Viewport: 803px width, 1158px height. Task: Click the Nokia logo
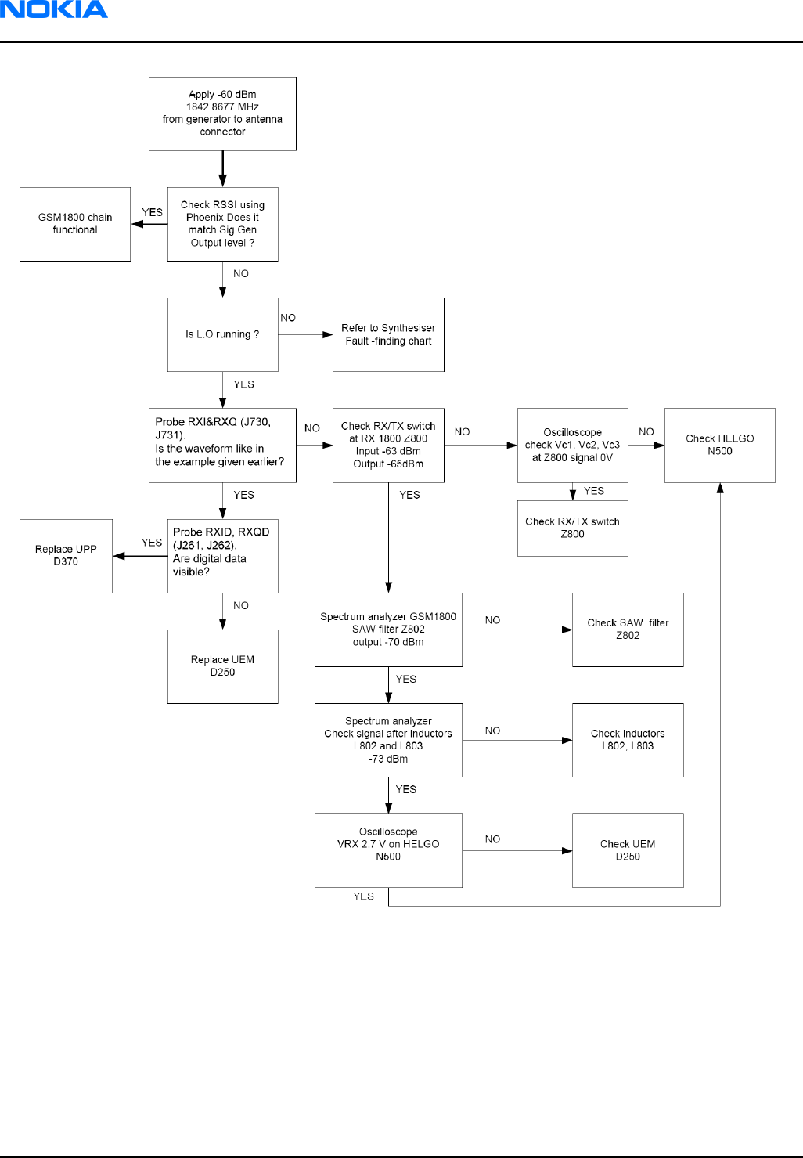pyautogui.click(x=54, y=9)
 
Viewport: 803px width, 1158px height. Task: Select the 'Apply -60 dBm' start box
pyautogui.click(x=222, y=114)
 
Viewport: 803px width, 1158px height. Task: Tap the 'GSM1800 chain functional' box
pyautogui.click(x=75, y=224)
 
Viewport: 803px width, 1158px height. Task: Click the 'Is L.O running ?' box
pyautogui.click(x=223, y=334)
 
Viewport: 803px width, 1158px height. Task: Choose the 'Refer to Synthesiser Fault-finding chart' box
pyautogui.click(x=388, y=334)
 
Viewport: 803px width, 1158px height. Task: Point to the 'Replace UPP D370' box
pyautogui.click(x=67, y=556)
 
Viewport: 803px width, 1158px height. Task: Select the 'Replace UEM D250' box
pyautogui.click(x=223, y=666)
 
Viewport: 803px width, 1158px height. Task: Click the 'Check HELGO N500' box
pyautogui.click(x=720, y=445)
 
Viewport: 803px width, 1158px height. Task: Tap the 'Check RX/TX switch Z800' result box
pyautogui.click(x=573, y=528)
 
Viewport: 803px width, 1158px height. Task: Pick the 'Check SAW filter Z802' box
pyautogui.click(x=628, y=630)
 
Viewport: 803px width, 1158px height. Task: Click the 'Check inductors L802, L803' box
pyautogui.click(x=628, y=740)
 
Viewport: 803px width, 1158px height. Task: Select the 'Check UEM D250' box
pyautogui.click(x=628, y=850)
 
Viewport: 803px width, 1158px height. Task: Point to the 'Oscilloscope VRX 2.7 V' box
pyautogui.click(x=388, y=850)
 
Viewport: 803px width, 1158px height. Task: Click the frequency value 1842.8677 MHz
pyautogui.click(x=222, y=107)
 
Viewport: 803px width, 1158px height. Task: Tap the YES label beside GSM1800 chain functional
pyautogui.click(x=153, y=212)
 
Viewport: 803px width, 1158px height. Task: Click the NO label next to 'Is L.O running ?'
pyautogui.click(x=288, y=318)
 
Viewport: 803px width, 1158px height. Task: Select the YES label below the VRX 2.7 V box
pyautogui.click(x=363, y=896)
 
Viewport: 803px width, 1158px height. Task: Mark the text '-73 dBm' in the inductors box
pyautogui.click(x=388, y=759)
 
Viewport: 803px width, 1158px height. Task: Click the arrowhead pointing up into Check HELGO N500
pyautogui.click(x=720, y=488)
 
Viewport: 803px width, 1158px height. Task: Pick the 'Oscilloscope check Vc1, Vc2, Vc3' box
pyautogui.click(x=573, y=445)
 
